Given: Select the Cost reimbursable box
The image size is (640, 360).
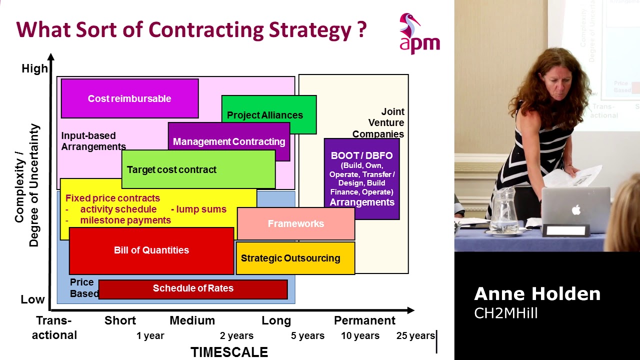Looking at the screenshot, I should click(129, 98).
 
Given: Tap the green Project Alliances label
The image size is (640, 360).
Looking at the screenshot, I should click(265, 115).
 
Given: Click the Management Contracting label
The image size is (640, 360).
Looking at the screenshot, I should click(229, 141).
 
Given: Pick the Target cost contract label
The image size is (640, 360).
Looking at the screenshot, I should click(171, 169).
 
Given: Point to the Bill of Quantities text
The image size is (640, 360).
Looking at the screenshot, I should click(151, 250).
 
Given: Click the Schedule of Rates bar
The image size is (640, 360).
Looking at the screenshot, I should click(193, 288).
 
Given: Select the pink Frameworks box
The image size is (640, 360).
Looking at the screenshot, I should click(295, 223).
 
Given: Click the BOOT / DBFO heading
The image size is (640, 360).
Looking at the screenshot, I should click(361, 155).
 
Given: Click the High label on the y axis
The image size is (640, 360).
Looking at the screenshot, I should click(34, 68).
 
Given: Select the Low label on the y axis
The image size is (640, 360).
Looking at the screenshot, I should click(32, 299).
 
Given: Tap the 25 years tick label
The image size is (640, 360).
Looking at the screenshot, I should click(415, 335).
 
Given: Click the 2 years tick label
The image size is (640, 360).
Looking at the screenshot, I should click(236, 335).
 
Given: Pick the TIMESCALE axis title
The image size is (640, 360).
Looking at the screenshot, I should click(229, 352).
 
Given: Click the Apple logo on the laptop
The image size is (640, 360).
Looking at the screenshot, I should click(576, 210).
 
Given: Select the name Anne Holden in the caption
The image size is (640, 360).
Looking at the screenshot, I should click(537, 294).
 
